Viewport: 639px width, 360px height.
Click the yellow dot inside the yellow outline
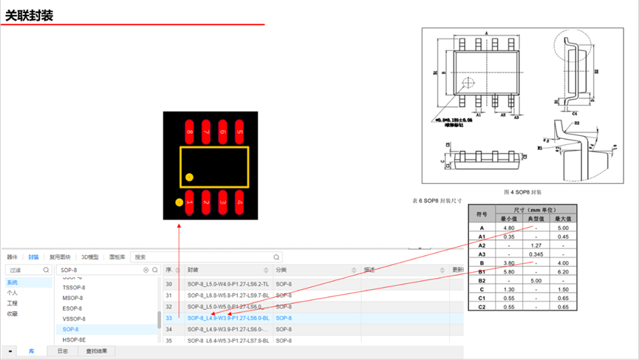pos(189,177)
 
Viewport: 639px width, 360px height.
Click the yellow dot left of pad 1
pos(179,202)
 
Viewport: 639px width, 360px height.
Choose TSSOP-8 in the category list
pos(73,288)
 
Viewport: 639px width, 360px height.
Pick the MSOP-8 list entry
pos(72,298)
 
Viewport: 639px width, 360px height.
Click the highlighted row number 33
pos(168,318)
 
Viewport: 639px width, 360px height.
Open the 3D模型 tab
pos(89,257)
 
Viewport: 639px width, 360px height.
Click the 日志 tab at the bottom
pos(63,351)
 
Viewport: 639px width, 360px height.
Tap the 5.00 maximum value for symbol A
pos(564,228)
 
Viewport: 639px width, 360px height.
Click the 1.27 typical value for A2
pos(536,245)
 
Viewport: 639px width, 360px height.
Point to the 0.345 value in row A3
pos(536,254)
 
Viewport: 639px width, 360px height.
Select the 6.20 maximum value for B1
pos(564,272)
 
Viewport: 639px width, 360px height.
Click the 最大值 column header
pos(564,219)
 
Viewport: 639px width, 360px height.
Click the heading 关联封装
pos(30,16)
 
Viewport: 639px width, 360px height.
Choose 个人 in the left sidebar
pos(13,293)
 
